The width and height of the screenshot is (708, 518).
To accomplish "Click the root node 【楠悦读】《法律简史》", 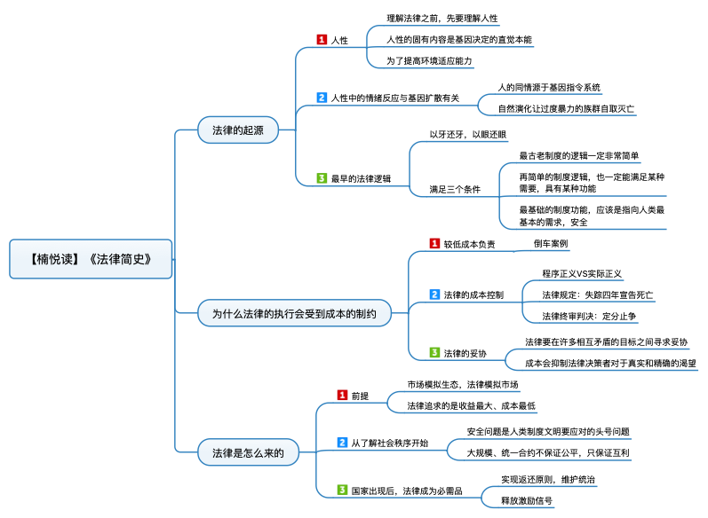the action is pyautogui.click(x=91, y=259).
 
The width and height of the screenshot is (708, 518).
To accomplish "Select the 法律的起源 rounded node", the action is pyautogui.click(x=238, y=129).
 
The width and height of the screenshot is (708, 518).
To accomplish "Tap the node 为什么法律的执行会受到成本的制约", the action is pyautogui.click(x=294, y=313).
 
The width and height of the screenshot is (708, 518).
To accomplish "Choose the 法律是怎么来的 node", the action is pyautogui.click(x=249, y=452).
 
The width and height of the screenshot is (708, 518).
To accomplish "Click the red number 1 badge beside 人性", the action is pyautogui.click(x=322, y=40).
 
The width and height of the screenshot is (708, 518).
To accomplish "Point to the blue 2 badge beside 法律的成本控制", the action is pyautogui.click(x=434, y=294).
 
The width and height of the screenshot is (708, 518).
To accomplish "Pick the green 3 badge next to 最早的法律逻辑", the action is pyautogui.click(x=322, y=178).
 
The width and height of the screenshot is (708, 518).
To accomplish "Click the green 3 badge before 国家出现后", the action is pyautogui.click(x=342, y=490).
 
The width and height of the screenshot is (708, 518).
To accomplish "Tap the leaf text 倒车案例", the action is pyautogui.click(x=551, y=243).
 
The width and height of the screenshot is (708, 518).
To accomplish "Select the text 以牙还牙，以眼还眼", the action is pyautogui.click(x=468, y=134).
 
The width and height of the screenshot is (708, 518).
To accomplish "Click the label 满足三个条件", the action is pyautogui.click(x=455, y=189).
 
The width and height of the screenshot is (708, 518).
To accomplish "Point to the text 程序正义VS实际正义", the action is pyautogui.click(x=582, y=274).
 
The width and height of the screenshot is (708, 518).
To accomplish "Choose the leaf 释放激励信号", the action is pyautogui.click(x=527, y=500).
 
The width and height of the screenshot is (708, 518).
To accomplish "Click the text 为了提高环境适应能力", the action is pyautogui.click(x=429, y=61).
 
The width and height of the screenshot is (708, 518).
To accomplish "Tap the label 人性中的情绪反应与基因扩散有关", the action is pyautogui.click(x=395, y=98).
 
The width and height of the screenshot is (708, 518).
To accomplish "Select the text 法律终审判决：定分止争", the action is pyautogui.click(x=589, y=316).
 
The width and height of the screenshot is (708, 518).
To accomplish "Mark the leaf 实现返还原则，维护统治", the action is pyautogui.click(x=548, y=479).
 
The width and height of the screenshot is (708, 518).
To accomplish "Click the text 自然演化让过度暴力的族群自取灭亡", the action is pyautogui.click(x=566, y=108).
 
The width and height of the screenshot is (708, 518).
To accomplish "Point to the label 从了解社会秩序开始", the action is pyautogui.click(x=390, y=443).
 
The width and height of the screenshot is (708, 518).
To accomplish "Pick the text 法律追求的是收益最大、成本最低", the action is pyautogui.click(x=472, y=405).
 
